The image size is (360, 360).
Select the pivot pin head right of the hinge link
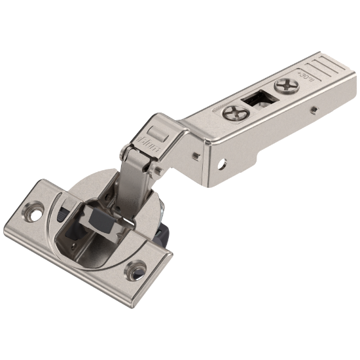158,171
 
